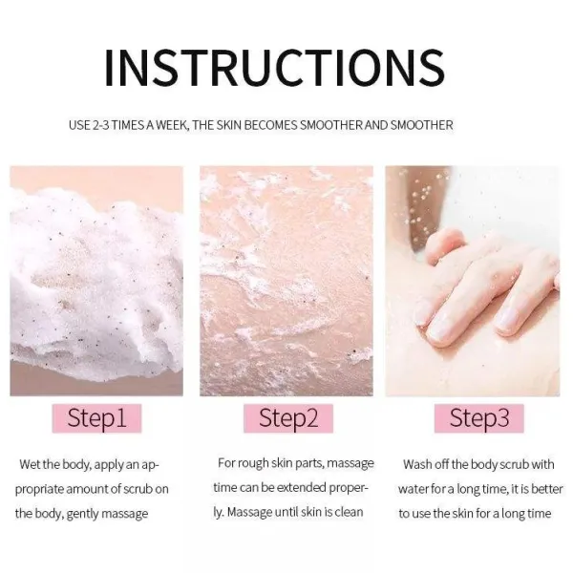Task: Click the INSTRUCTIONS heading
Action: (x=275, y=68)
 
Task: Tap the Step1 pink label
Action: (x=96, y=418)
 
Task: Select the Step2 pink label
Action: (x=288, y=418)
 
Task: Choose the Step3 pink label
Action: (x=479, y=418)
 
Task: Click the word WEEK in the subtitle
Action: (x=173, y=125)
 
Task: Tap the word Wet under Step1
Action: (x=30, y=464)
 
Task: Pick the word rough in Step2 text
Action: (x=253, y=463)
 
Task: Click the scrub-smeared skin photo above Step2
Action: (x=286, y=281)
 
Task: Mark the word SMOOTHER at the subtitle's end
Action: (x=422, y=125)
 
